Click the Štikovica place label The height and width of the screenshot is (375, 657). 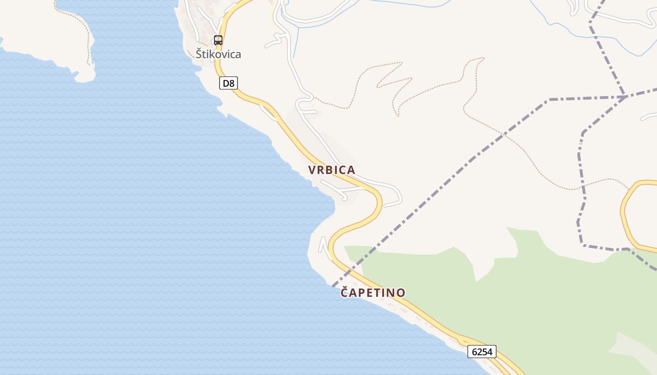pos(218,54)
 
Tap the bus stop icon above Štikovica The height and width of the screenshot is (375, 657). pos(218,40)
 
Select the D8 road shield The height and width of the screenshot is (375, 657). pos(229,83)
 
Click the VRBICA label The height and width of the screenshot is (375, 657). pos(331,170)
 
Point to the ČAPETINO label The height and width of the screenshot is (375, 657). pos(373,293)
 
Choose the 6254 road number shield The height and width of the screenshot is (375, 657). pos(481,352)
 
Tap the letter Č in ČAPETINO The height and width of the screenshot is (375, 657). pos(344,292)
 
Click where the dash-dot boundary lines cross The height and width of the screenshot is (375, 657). pos(625,97)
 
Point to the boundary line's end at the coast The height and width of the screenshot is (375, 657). pos(333,285)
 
